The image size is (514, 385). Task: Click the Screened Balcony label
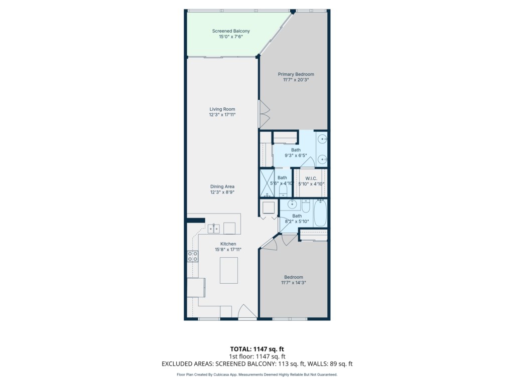(231, 31)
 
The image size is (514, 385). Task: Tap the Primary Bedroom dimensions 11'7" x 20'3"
(296, 80)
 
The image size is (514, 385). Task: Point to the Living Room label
(222, 109)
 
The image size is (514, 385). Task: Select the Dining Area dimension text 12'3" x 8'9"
(222, 192)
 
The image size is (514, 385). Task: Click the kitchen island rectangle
(229, 270)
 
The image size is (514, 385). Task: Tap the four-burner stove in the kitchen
(193, 256)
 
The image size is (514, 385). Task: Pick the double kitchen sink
(214, 229)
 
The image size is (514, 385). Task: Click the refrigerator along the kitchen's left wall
(196, 287)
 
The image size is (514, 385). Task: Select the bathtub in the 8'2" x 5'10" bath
(320, 213)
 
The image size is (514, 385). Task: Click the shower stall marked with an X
(267, 182)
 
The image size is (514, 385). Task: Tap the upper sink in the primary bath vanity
(323, 139)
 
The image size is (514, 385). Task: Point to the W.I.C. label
(311, 178)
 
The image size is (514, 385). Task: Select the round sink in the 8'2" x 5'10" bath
(292, 205)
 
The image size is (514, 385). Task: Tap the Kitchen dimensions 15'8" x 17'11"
(228, 250)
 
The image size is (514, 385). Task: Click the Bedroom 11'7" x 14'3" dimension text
(293, 283)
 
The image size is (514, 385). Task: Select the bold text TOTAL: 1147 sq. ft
(257, 349)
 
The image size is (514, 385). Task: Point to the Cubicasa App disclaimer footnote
(257, 374)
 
